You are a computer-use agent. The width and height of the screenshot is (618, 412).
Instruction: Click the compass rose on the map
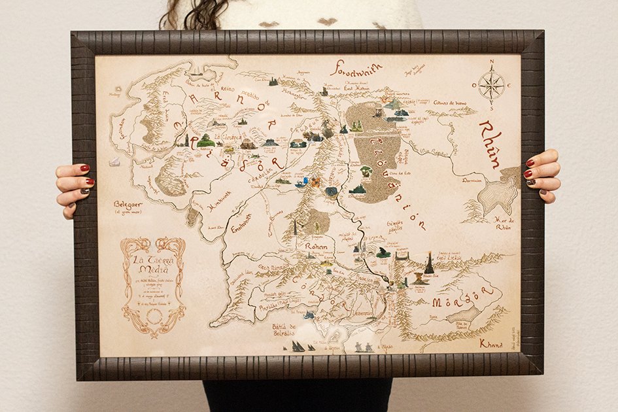coord(490,85)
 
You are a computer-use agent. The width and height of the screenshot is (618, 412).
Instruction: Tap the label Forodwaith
coord(356,68)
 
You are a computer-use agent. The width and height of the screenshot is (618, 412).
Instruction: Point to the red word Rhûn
coord(492,144)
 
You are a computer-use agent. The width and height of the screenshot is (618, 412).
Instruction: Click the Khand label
coord(491,343)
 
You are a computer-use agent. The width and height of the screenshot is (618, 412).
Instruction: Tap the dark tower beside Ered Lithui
coord(429,263)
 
